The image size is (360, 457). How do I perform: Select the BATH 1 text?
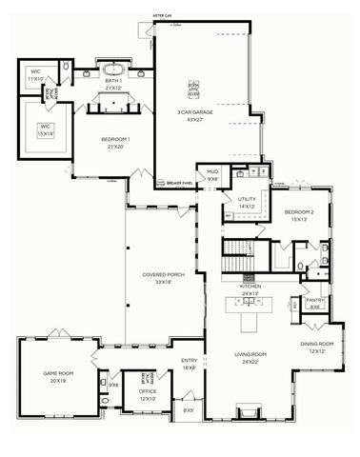(115, 84)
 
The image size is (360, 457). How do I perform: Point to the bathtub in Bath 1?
(115, 70)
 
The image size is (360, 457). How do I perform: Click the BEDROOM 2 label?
(299, 214)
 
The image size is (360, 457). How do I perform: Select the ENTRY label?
(190, 363)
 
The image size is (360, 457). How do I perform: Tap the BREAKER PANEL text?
(181, 181)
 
